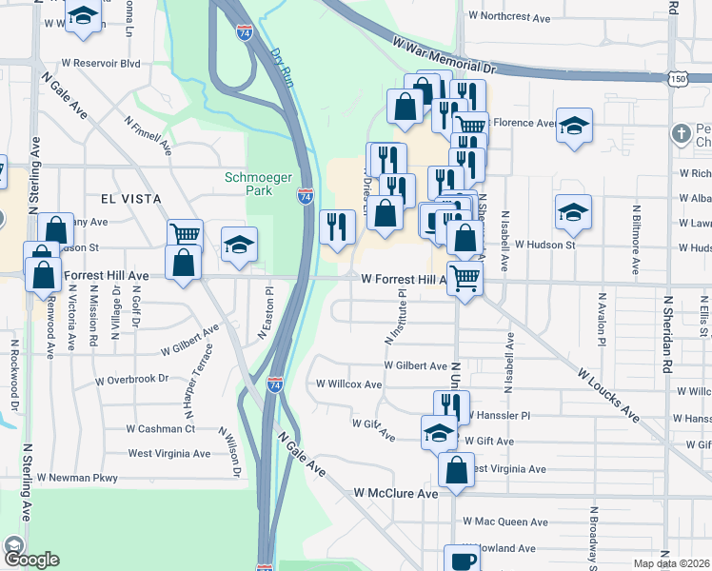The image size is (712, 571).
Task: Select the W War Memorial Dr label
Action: tap(445, 55)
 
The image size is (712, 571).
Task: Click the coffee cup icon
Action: tap(463, 560)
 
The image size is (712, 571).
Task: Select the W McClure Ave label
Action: tap(395, 494)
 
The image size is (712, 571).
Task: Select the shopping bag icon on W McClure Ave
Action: tap(456, 468)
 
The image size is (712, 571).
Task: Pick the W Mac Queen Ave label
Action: tap(505, 522)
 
